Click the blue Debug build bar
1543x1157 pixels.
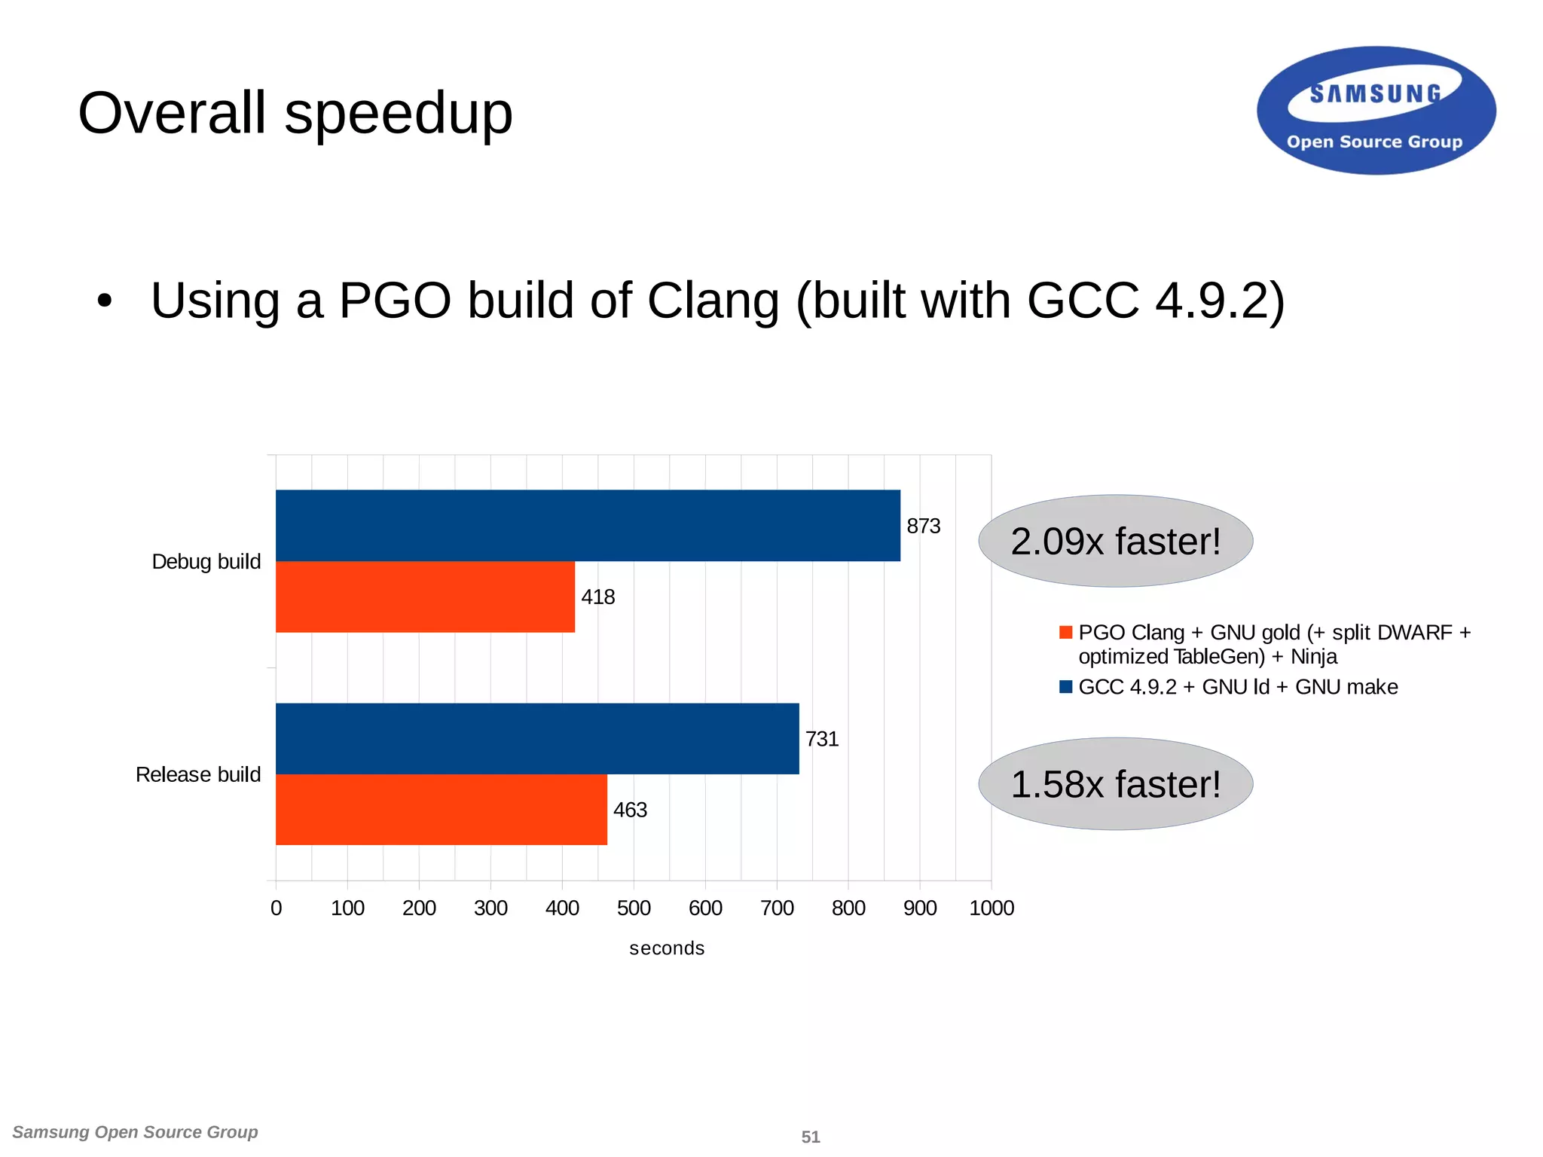tap(588, 525)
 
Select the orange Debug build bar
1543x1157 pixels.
tap(425, 597)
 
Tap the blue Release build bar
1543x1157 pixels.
tap(537, 738)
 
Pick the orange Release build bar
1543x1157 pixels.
tap(441, 810)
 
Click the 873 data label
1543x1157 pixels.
tap(923, 526)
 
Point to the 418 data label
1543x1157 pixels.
tap(597, 597)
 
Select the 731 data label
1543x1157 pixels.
tap(821, 739)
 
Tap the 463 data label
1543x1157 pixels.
tap(630, 810)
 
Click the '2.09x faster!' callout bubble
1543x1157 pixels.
tap(1115, 541)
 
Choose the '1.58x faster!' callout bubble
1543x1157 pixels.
tap(1115, 783)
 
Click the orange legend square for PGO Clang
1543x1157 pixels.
tap(1065, 632)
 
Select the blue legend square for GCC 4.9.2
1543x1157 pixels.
tap(1065, 686)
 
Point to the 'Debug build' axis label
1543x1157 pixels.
tap(206, 561)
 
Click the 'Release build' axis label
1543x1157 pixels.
tap(197, 774)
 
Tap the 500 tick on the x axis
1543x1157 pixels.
tap(634, 908)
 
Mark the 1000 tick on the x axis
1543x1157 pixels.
tap(991, 908)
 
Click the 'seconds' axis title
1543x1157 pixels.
tap(667, 948)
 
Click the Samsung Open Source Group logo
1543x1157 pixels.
tap(1376, 111)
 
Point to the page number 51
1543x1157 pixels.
tap(811, 1137)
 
